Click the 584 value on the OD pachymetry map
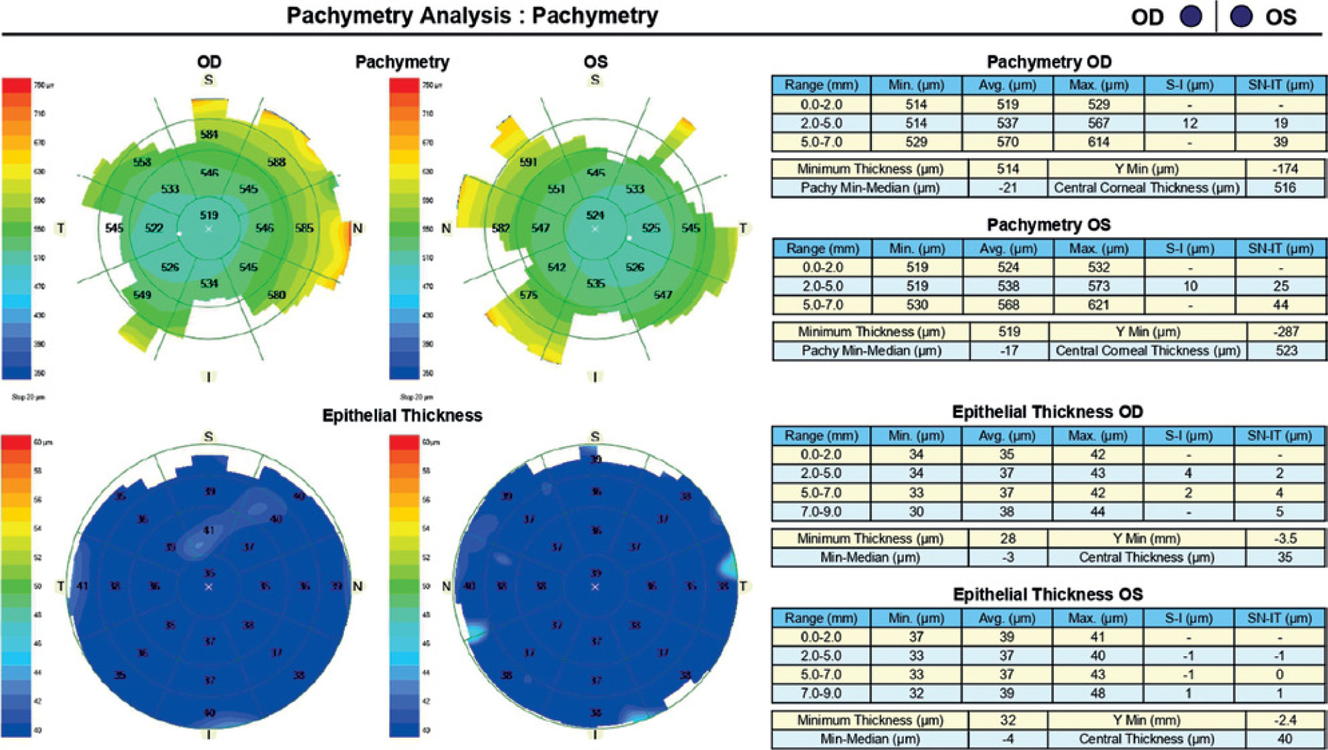(209, 134)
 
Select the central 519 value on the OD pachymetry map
(209, 215)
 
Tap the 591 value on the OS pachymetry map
(528, 162)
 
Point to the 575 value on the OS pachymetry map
(528, 294)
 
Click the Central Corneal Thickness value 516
(1284, 188)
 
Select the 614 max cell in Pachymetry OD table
(1099, 142)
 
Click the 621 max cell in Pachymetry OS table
(1099, 305)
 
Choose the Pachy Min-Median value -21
(1007, 188)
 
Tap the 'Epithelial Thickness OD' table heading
(1047, 412)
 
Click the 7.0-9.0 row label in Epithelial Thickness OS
(821, 693)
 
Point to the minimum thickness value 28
(1007, 539)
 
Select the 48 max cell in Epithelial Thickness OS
(1097, 693)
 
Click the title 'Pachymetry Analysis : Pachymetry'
(472, 15)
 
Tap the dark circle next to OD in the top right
(1191, 17)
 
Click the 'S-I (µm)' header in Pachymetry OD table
(1189, 85)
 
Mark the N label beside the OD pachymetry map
(357, 228)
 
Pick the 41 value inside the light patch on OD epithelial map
(209, 530)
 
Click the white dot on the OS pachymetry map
(630, 238)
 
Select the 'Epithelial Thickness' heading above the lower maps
(402, 416)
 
